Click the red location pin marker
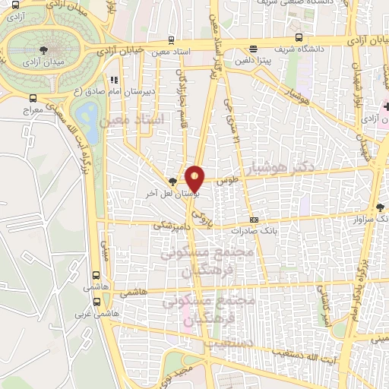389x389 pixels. (195, 178)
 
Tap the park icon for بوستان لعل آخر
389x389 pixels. (174, 182)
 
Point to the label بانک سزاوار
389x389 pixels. (369, 220)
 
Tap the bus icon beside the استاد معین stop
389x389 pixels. (172, 41)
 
